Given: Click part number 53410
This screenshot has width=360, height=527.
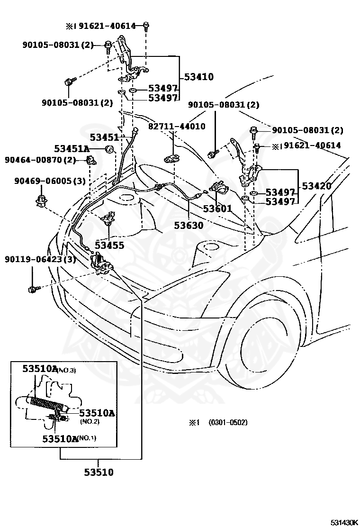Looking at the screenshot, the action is coord(199,77).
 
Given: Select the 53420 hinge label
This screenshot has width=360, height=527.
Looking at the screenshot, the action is coord(317,186).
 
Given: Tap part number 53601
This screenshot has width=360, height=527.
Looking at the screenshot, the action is coord(217,209).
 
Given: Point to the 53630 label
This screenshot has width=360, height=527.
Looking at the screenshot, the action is coord(189,225).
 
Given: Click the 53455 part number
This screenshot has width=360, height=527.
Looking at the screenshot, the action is coord(109,245).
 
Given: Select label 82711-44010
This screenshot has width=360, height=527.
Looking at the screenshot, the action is coord(177,127).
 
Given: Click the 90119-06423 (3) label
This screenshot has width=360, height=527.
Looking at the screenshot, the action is coord(40,259).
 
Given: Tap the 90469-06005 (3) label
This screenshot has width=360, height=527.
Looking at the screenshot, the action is coord(50,181).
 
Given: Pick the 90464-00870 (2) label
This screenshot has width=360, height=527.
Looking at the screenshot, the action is coord(40,160).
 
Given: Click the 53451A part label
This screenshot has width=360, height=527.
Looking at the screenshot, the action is coord(72,148).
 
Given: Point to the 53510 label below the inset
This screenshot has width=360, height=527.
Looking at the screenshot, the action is coord(99,472).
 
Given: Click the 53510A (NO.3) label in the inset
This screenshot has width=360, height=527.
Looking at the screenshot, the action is coord(49,369).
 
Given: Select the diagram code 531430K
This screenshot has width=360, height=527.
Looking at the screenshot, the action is coord(344,522).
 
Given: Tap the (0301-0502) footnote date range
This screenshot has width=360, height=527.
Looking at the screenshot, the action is coord(228,422).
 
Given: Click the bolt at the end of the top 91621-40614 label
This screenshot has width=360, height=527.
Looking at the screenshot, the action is coord(146,26).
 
